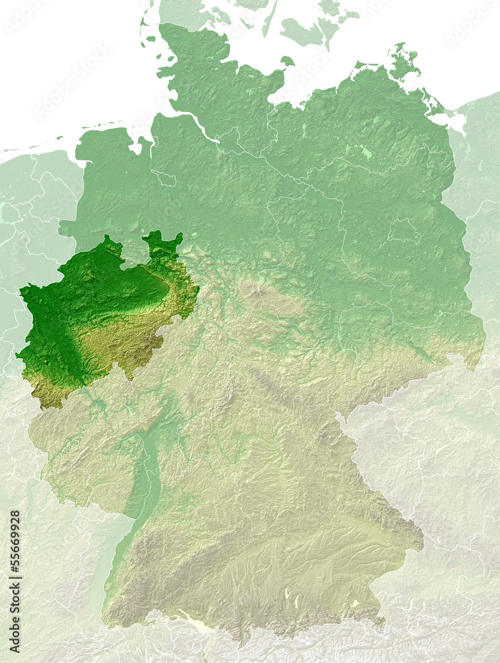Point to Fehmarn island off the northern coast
click(x=287, y=61)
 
